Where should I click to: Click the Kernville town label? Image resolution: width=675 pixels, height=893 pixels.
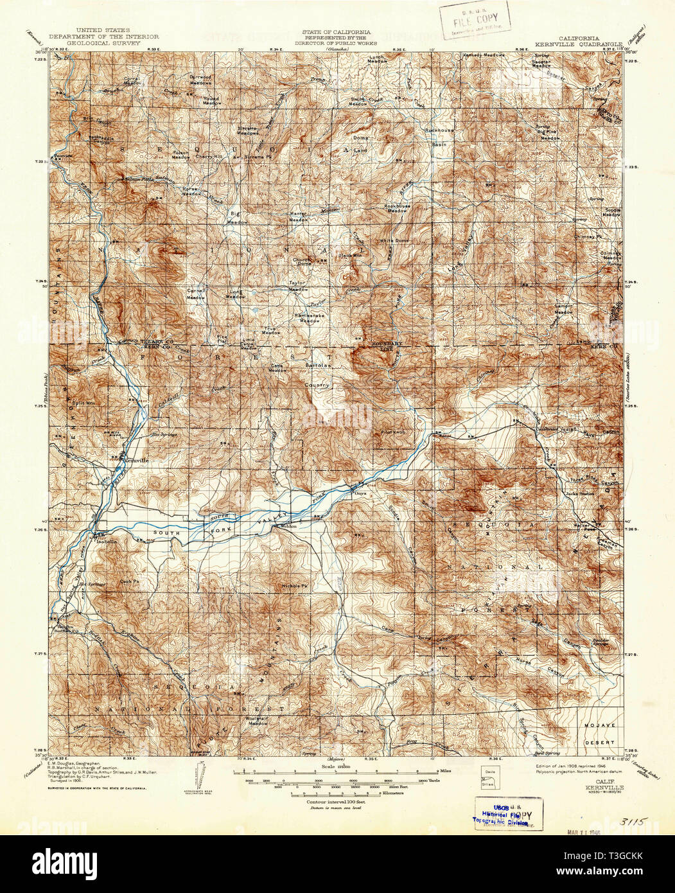[136, 460]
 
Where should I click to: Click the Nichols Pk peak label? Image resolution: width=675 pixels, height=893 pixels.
[296, 587]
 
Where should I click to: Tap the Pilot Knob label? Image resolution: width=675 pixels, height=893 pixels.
[392, 432]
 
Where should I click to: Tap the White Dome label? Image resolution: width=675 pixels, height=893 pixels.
[394, 241]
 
